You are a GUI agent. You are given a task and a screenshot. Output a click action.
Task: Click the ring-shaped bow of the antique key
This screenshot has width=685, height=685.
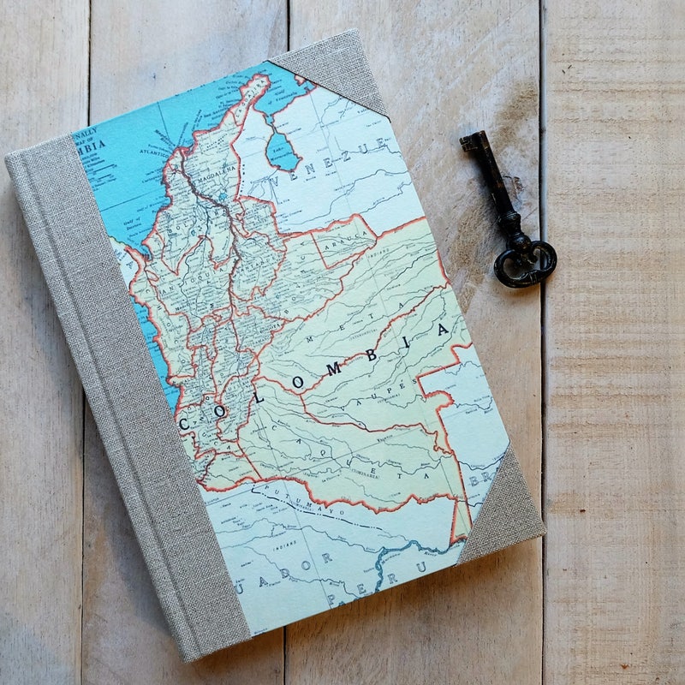tap(524, 262)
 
